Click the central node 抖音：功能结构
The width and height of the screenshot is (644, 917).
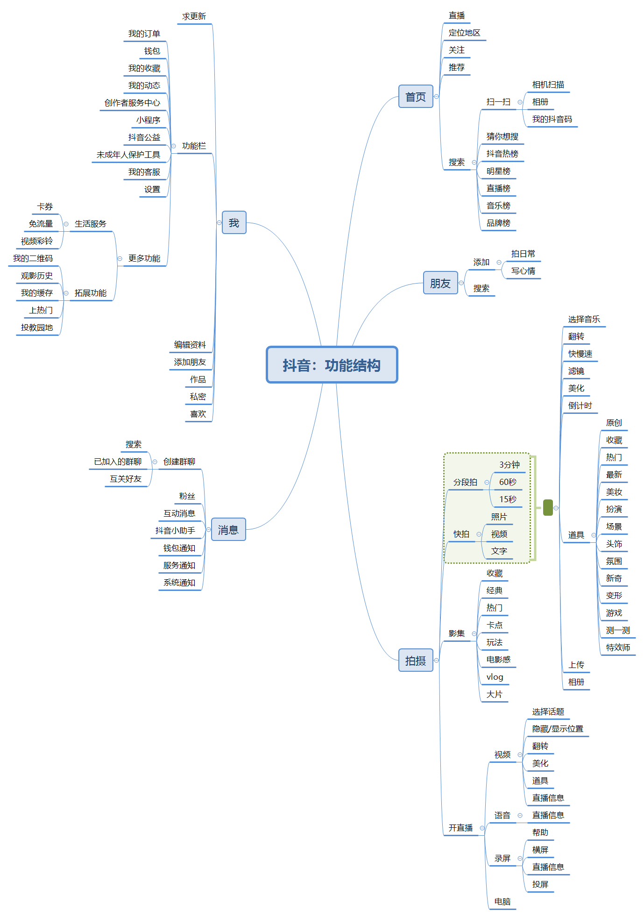pos(332,365)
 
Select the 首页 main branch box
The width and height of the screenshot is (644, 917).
pos(415,97)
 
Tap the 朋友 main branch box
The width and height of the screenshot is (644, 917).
pos(440,283)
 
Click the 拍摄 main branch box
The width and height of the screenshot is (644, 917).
pos(415,661)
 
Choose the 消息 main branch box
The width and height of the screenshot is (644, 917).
pos(228,530)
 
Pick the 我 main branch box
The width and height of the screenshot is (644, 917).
pos(234,223)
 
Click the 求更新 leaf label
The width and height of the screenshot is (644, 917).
pos(194,16)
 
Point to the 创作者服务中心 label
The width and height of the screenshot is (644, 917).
pos(132,103)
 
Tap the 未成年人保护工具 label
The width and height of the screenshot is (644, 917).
pos(128,155)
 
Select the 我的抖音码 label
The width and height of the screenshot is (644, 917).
pos(552,119)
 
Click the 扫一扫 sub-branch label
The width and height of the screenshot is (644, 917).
pos(498,102)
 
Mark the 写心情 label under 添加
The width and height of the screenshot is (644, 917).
pos(523,271)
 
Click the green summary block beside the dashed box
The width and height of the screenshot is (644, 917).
pos(548,508)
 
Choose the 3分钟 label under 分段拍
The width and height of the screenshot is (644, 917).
pos(509,465)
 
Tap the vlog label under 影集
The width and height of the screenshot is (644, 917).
pos(495,677)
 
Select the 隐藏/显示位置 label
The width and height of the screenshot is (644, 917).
pos(558,729)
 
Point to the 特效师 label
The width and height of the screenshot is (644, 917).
pos(618,647)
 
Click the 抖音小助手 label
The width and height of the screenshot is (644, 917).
pos(175,531)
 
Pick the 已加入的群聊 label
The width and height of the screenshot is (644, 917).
pos(118,462)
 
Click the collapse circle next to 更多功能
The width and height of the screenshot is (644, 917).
pos(120,258)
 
